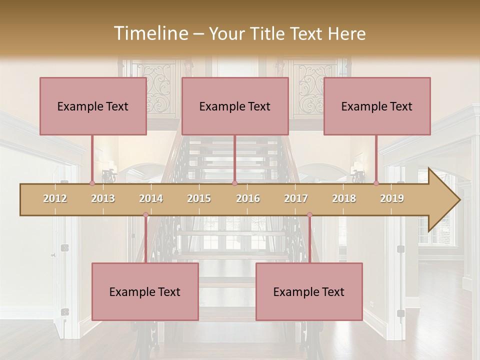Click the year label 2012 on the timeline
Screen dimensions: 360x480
tap(55, 198)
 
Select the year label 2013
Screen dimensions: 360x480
tap(103, 198)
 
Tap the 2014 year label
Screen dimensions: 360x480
tap(151, 198)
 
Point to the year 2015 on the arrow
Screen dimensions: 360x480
tap(199, 198)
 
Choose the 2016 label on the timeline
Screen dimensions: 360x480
tap(248, 198)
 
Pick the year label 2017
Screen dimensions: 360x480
tap(296, 198)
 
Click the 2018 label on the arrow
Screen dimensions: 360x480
tap(344, 198)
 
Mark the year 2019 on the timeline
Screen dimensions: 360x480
tap(392, 198)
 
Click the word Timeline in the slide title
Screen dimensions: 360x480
tap(150, 33)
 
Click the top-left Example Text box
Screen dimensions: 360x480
tap(93, 106)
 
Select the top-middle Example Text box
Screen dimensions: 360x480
tap(235, 106)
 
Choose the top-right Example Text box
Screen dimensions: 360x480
tap(377, 106)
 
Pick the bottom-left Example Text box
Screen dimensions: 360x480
tap(145, 292)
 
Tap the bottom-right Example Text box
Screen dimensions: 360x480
tap(309, 292)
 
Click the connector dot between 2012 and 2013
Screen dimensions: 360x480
tap(92, 183)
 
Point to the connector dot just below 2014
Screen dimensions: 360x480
tap(145, 215)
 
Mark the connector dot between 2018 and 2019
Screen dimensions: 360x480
tap(376, 183)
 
